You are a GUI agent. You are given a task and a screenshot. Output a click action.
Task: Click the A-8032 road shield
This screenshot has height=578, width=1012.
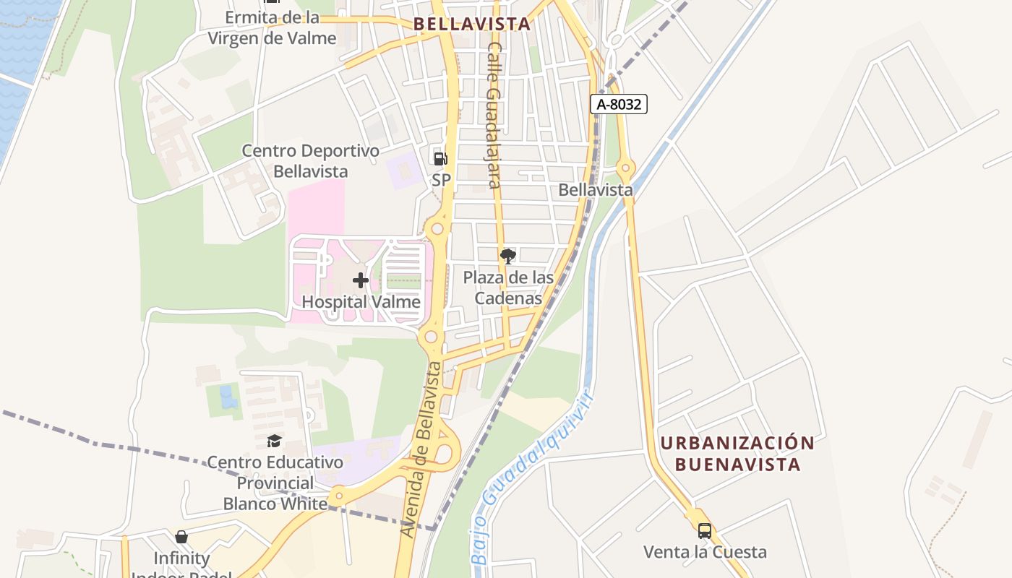click(x=618, y=104)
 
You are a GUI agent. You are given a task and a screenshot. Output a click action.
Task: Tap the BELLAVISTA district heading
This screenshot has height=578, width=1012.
click(x=472, y=24)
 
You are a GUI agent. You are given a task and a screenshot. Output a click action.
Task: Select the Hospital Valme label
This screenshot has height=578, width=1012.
click(x=361, y=301)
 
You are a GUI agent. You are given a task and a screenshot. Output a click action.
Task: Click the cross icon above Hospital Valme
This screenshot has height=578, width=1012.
click(x=361, y=280)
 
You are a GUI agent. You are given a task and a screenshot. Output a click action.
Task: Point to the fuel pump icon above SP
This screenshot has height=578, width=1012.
click(x=440, y=158)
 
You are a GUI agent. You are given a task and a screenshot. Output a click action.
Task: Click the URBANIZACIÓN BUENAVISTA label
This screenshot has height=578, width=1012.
click(x=737, y=453)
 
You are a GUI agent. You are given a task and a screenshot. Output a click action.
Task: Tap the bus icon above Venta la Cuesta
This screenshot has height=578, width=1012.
click(x=705, y=531)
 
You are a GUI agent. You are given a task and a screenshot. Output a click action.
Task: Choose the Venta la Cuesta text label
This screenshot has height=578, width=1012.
click(x=705, y=552)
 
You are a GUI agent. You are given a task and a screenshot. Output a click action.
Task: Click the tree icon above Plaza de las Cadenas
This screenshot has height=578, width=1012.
click(x=508, y=256)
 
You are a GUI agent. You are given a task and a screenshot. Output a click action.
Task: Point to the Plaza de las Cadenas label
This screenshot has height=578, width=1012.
click(x=508, y=288)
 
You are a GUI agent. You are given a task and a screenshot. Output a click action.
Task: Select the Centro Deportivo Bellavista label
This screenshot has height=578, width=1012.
click(x=311, y=161)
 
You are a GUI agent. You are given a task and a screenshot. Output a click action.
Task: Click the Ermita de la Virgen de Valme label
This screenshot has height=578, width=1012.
click(x=273, y=27)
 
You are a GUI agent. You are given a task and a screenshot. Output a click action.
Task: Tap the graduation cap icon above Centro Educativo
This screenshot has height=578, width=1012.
click(x=275, y=441)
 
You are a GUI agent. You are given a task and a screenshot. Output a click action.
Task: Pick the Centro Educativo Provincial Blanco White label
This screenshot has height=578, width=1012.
click(x=275, y=483)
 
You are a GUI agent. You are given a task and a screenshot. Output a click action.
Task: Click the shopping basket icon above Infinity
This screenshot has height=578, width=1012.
click(x=181, y=537)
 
